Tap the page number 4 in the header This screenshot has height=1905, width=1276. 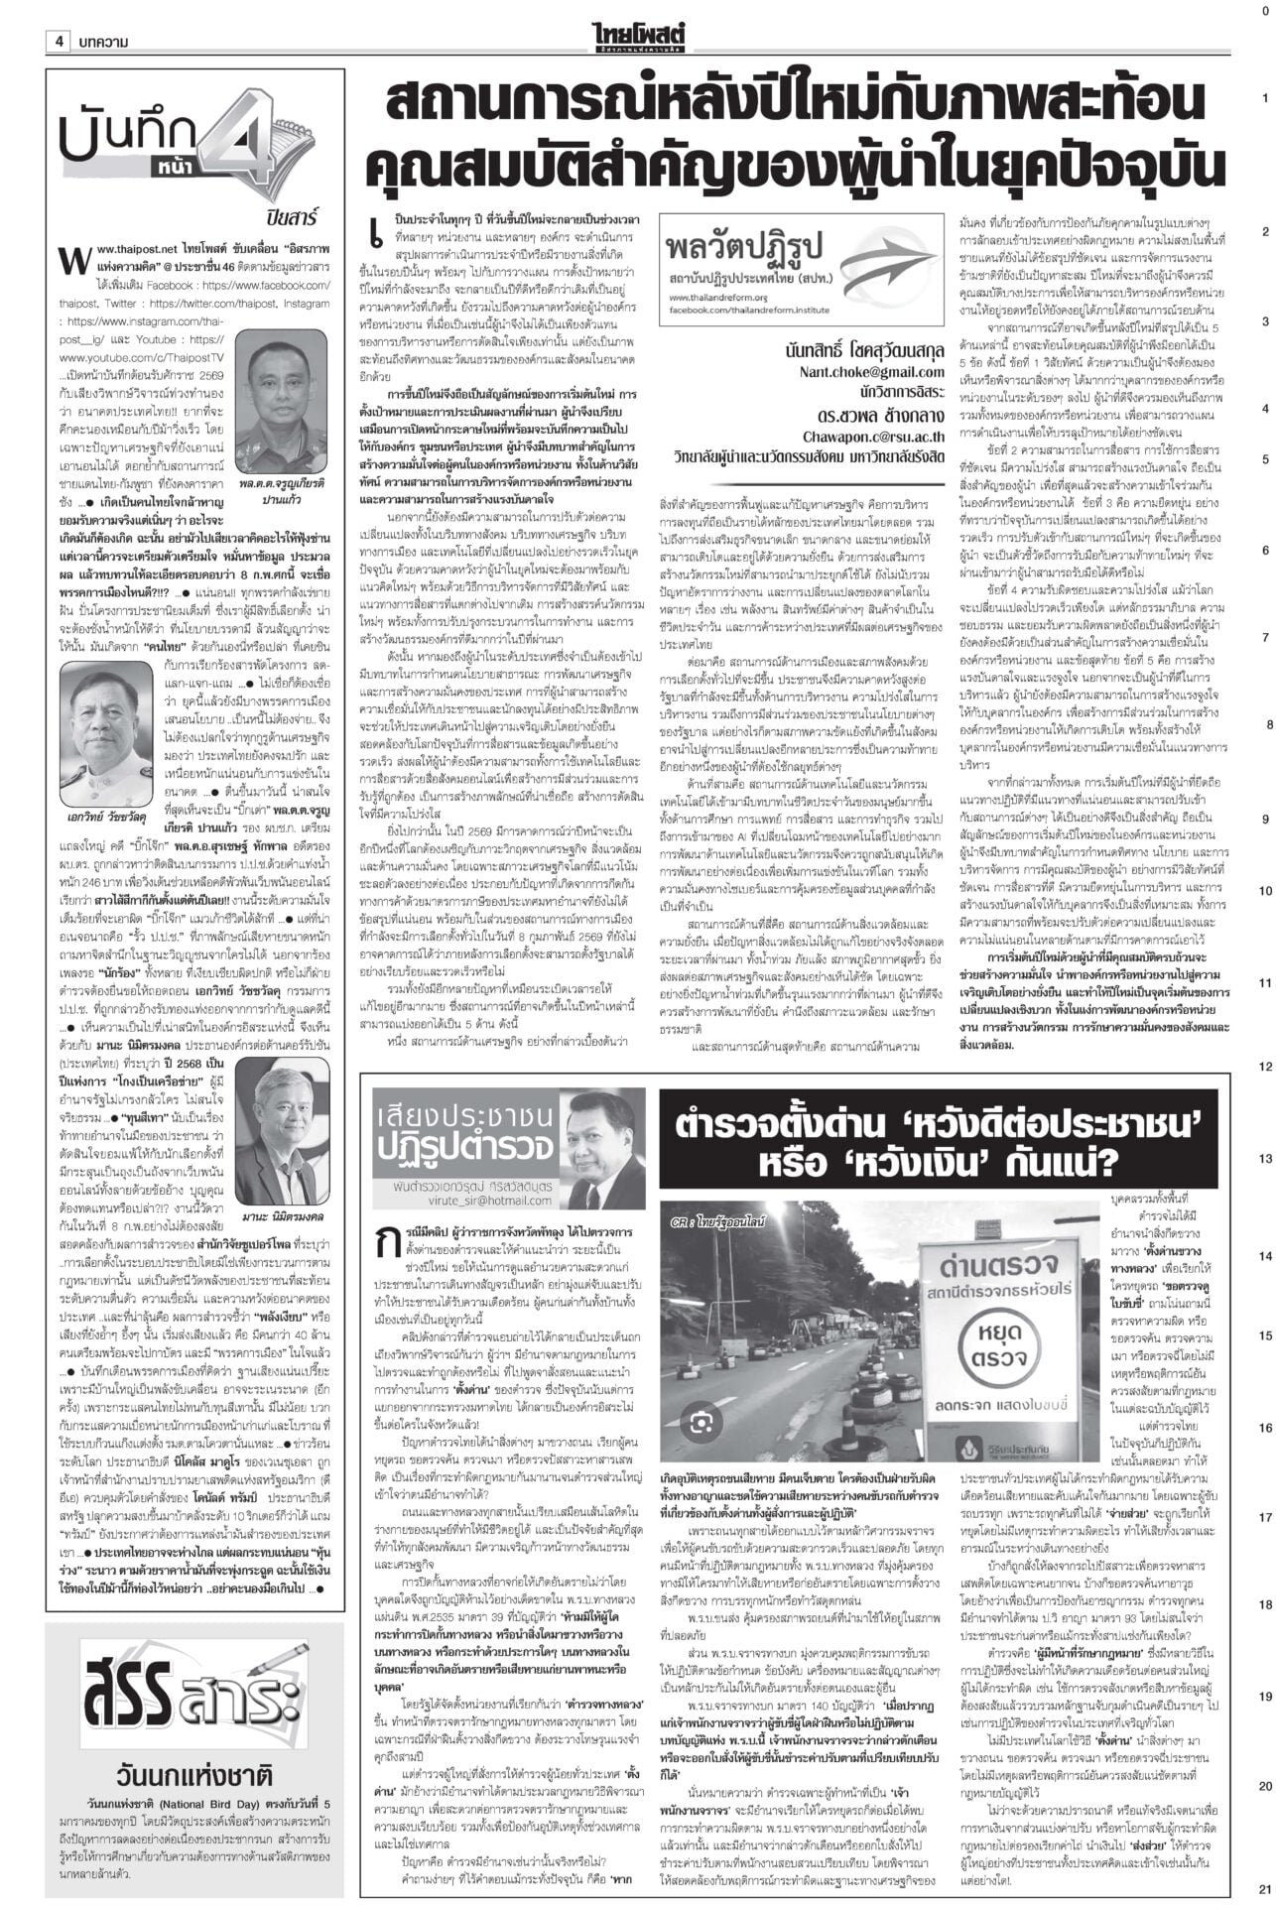60,41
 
